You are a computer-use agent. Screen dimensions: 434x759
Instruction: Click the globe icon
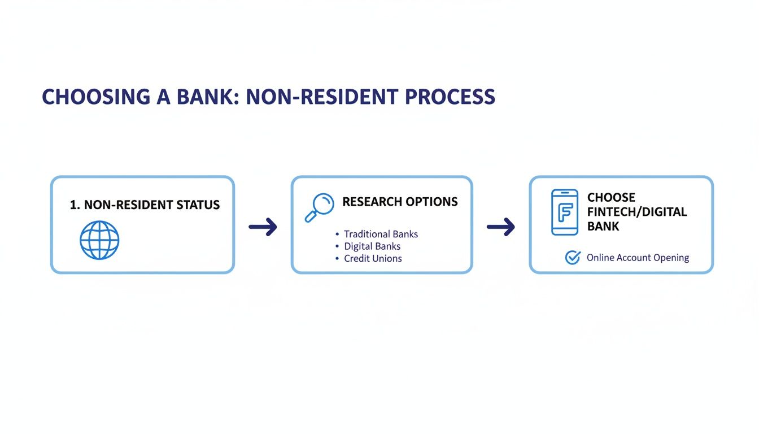(99, 240)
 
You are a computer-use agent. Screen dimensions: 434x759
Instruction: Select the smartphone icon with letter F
(564, 212)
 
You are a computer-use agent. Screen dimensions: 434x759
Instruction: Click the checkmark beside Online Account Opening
(572, 258)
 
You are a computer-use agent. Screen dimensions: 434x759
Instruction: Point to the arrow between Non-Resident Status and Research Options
(263, 227)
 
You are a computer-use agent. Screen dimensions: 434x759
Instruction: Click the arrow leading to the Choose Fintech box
(500, 227)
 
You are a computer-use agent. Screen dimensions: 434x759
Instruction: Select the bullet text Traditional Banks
(381, 234)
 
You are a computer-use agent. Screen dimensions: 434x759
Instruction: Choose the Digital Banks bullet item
(372, 246)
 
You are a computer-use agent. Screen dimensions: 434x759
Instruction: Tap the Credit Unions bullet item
(373, 258)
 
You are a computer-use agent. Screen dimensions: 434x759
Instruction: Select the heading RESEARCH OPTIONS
(400, 202)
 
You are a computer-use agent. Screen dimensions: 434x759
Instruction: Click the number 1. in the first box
(75, 205)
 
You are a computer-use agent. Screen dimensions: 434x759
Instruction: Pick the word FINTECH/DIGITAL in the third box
(636, 212)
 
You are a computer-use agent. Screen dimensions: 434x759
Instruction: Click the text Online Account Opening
(638, 258)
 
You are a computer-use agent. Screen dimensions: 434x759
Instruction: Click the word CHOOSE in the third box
(611, 197)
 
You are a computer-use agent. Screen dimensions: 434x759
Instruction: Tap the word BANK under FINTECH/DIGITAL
(603, 226)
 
